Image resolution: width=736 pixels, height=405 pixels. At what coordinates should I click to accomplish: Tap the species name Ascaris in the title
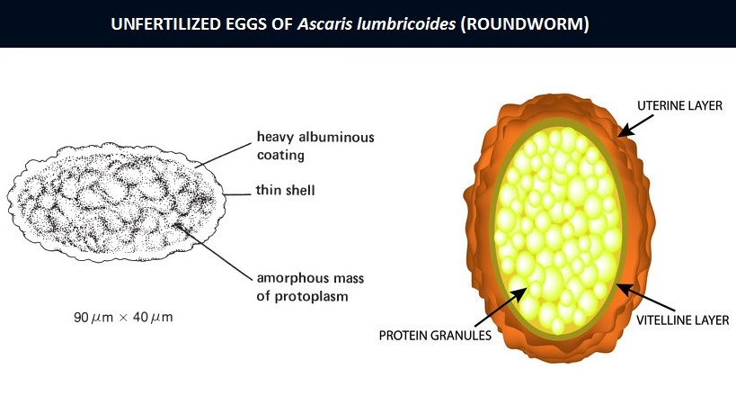[324, 24]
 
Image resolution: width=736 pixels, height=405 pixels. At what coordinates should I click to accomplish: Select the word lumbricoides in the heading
[406, 24]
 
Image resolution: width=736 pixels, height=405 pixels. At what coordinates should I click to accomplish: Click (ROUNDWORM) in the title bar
[524, 24]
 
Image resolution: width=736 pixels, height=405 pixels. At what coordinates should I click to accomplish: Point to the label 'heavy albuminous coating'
[315, 146]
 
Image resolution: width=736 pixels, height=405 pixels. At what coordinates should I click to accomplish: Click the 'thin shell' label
[286, 190]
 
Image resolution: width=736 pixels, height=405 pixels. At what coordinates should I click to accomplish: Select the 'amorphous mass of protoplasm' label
[310, 287]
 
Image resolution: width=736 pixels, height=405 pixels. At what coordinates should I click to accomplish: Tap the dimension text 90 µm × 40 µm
[123, 317]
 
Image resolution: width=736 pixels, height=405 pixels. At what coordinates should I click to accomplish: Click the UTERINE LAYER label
[679, 105]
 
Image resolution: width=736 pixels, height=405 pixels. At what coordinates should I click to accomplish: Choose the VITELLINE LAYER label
[682, 320]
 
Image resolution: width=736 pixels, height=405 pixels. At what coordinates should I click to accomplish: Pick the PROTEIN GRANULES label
[435, 336]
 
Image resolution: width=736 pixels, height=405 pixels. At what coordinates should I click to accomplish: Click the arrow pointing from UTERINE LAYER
[635, 126]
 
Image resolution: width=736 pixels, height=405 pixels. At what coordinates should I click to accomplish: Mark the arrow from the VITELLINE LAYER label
[645, 298]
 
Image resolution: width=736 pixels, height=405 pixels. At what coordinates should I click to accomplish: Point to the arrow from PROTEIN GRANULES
[501, 307]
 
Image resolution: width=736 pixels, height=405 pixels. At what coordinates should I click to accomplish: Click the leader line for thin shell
[237, 194]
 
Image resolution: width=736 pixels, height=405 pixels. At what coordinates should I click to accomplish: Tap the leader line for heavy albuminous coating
[223, 155]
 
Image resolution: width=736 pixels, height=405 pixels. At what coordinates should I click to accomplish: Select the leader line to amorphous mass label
[214, 252]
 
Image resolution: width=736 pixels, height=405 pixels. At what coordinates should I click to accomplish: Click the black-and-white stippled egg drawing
[117, 202]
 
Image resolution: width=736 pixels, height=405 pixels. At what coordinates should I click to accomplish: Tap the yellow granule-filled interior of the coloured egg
[559, 230]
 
